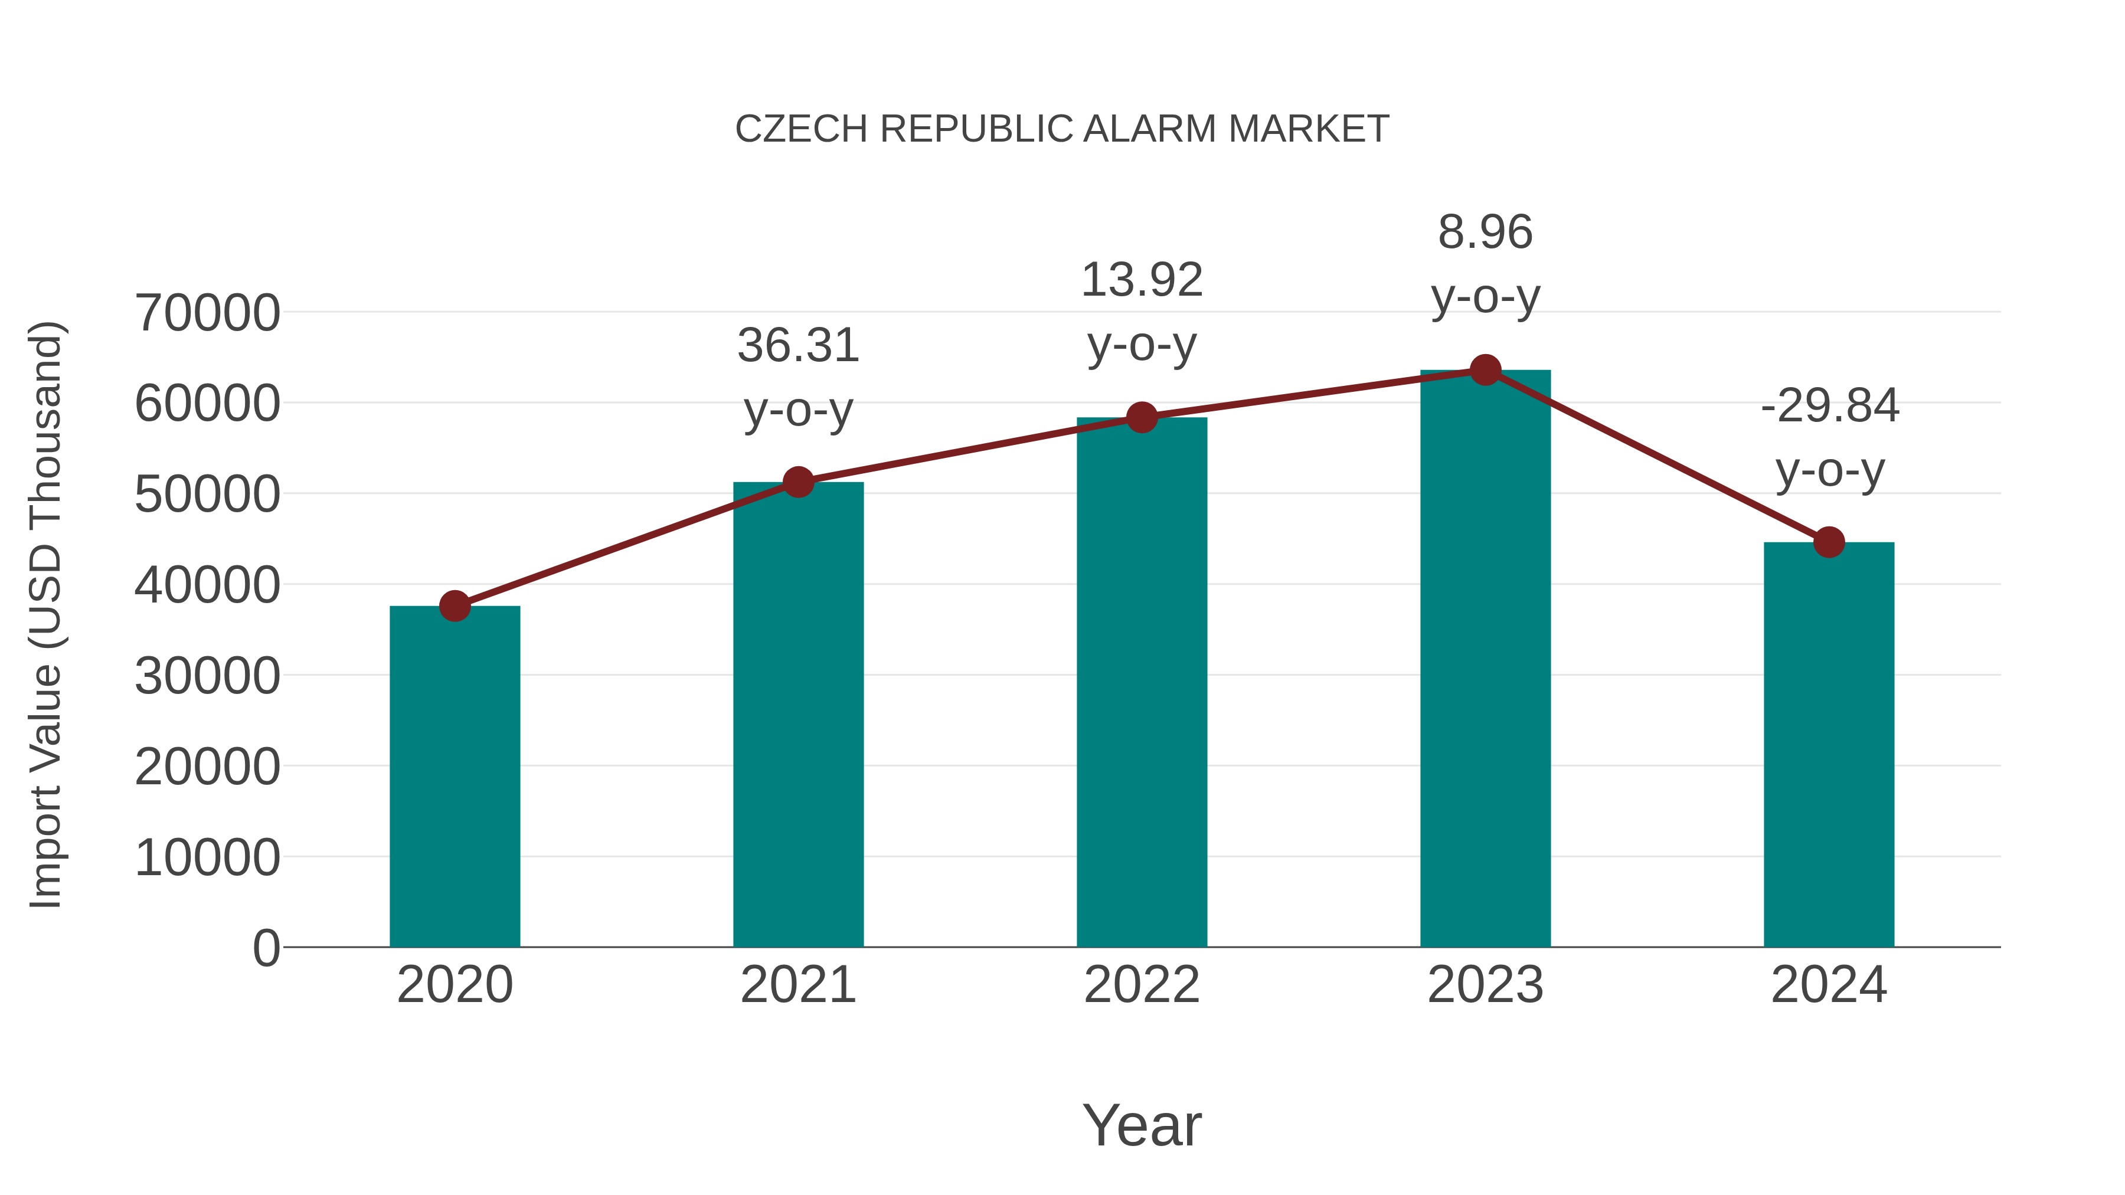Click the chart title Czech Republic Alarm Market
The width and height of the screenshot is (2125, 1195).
point(1062,129)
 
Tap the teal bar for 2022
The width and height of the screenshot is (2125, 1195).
point(1142,685)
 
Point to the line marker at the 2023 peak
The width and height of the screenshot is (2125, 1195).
point(1485,370)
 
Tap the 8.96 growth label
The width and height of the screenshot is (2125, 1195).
point(1485,232)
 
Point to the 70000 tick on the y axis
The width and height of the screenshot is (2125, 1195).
point(207,313)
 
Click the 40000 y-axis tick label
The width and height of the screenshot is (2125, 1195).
point(207,585)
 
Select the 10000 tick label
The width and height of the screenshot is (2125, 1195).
point(207,857)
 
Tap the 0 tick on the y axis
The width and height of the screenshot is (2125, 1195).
point(266,948)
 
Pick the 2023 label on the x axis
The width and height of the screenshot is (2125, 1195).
point(1485,985)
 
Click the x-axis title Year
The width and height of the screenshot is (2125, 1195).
point(1142,1125)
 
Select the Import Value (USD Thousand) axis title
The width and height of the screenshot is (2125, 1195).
point(46,614)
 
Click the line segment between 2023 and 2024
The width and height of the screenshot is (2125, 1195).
point(1656,456)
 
